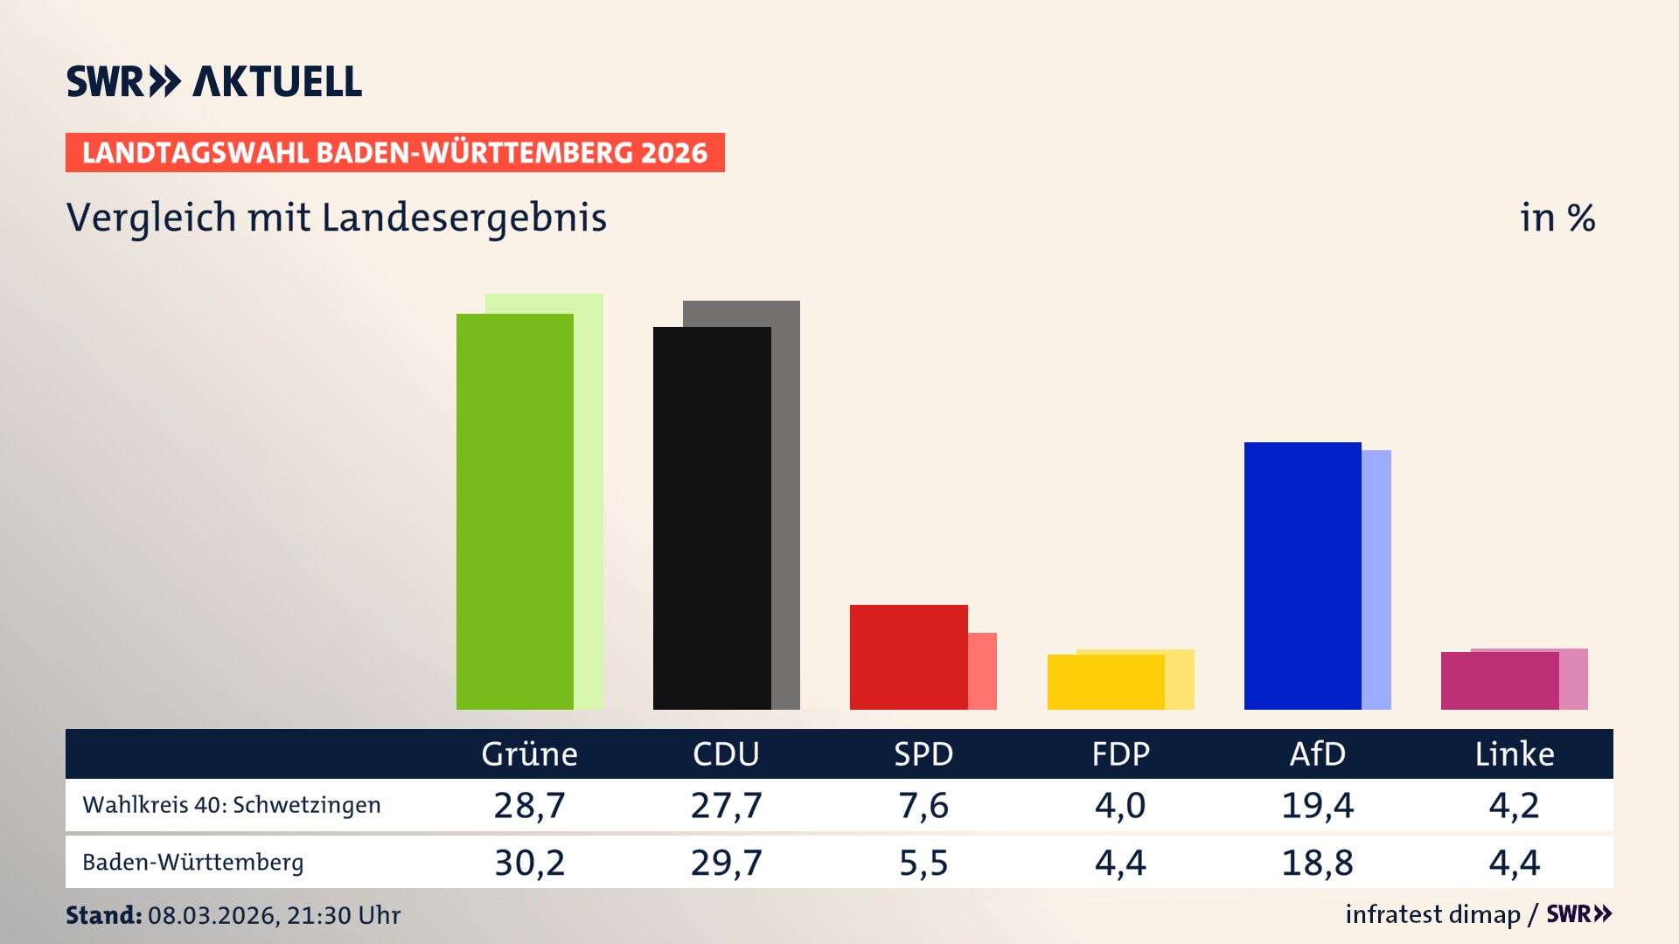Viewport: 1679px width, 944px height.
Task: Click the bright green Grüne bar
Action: pos(514,511)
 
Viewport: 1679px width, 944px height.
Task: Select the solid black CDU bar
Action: pos(712,517)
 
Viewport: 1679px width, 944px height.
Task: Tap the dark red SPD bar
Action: pos(909,656)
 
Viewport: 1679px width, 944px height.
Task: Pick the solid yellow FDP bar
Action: pos(1105,682)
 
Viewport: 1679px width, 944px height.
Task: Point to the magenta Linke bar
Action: pos(1499,680)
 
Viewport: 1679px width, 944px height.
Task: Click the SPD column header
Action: pos(923,753)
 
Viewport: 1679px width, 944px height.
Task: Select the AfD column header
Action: pos(1317,753)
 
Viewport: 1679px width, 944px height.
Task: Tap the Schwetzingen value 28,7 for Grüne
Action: pos(529,805)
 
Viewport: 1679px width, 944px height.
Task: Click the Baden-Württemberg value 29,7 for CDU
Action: pos(726,863)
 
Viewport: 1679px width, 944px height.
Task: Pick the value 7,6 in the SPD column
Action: pos(923,805)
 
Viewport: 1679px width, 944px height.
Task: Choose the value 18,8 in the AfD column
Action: pos(1317,863)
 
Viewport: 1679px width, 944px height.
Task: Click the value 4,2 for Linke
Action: pos(1514,805)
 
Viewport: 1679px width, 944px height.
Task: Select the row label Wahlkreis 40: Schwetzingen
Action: pos(232,805)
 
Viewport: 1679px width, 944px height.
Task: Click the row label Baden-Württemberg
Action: pos(193,863)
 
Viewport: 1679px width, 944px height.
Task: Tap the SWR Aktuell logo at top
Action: pos(214,81)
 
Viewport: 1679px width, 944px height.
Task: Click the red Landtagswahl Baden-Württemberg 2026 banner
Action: pos(394,153)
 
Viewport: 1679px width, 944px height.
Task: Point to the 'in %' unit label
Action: pos(1557,218)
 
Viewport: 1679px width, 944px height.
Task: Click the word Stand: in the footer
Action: pos(103,915)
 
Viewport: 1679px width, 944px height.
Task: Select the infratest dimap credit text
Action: pos(1432,914)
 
